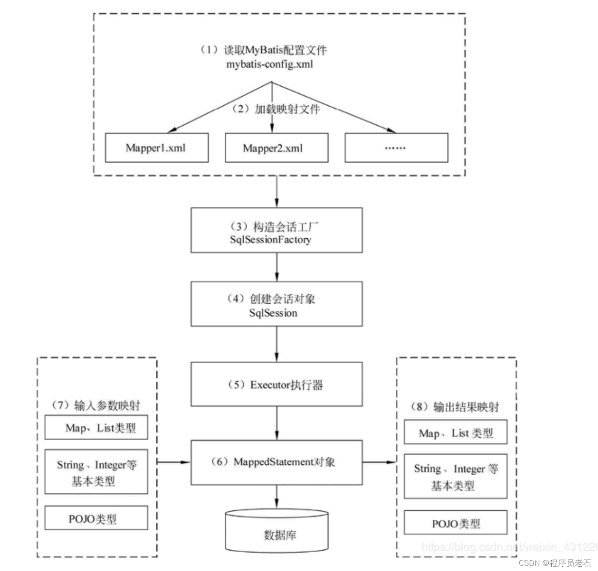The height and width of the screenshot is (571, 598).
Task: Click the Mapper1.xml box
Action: click(156, 148)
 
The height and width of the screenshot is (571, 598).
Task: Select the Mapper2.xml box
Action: click(276, 148)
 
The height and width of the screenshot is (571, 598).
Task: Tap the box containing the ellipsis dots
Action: click(396, 148)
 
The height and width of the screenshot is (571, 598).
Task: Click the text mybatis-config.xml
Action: click(270, 65)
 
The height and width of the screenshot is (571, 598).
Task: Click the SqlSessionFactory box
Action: click(276, 231)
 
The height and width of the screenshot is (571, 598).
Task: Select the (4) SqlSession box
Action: click(276, 304)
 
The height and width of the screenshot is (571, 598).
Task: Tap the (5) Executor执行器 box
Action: click(276, 384)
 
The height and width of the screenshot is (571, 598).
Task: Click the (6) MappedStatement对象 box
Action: click(276, 462)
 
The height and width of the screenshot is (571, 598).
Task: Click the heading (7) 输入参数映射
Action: click(96, 405)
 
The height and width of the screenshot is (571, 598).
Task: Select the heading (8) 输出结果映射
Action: click(455, 407)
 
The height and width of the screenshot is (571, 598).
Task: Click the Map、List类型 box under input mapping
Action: click(96, 428)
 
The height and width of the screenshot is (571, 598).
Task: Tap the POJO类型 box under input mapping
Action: click(96, 518)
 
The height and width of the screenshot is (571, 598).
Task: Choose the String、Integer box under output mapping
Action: click(455, 476)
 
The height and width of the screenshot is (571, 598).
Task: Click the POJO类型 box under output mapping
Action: click(455, 523)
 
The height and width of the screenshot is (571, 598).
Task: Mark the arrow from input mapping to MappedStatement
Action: click(173, 462)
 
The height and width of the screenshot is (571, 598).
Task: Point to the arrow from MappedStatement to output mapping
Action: click(379, 462)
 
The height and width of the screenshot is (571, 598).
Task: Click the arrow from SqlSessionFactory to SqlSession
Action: click(276, 267)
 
